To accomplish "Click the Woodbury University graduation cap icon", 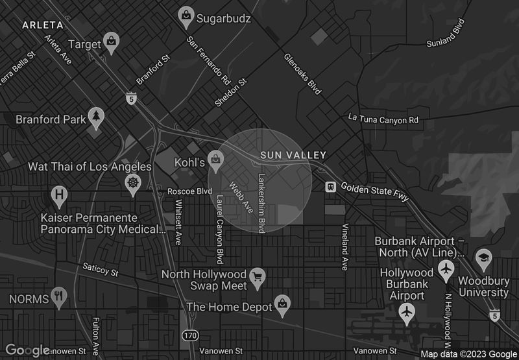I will pyautogui.click(x=483, y=259).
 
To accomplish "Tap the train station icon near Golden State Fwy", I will pyautogui.click(x=331, y=186).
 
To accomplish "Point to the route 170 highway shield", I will pyautogui.click(x=189, y=335).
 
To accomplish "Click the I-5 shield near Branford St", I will pyautogui.click(x=132, y=99).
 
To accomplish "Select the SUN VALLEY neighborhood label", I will pyautogui.click(x=293, y=156).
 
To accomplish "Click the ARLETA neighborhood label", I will pyautogui.click(x=42, y=25).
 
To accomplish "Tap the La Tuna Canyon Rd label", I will pyautogui.click(x=383, y=119).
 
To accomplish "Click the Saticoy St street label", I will pyautogui.click(x=101, y=269).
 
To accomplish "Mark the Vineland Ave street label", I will pyautogui.click(x=345, y=246).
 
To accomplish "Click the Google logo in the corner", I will pyautogui.click(x=27, y=350).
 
